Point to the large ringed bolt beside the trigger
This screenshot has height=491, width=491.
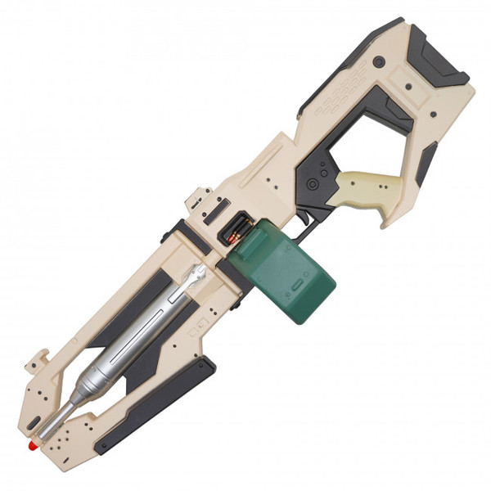click(311, 185)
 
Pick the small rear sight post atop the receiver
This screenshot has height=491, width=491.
click(196, 199)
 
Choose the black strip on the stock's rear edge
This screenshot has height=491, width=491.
click(426, 164)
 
